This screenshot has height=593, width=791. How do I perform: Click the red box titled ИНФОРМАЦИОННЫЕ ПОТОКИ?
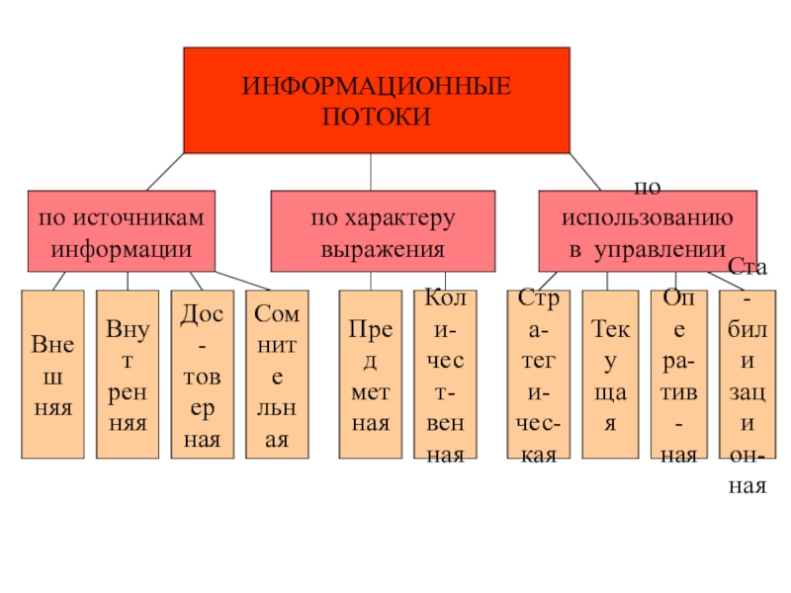coord(376,99)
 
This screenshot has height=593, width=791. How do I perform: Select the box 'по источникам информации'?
coord(121,230)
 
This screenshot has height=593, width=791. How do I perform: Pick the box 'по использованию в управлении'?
coord(647,230)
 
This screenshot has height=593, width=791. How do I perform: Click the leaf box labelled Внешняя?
coord(52,375)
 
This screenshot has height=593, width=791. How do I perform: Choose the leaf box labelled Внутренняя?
coord(128,375)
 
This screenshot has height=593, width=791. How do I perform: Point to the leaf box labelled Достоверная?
coord(203,375)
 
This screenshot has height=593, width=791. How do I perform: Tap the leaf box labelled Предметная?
coord(369,375)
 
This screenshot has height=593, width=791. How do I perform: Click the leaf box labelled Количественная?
coord(444,375)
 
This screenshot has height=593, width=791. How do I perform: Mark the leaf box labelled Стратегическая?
coord(538,375)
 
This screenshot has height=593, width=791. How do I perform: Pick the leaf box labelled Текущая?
coord(610,375)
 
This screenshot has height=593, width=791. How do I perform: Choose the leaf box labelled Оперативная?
coord(678,375)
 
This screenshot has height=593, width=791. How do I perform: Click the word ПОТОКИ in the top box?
coord(377,117)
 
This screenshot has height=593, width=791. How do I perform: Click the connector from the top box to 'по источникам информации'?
coord(165,172)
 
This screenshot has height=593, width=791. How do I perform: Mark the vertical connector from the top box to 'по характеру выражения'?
coord(371,172)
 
